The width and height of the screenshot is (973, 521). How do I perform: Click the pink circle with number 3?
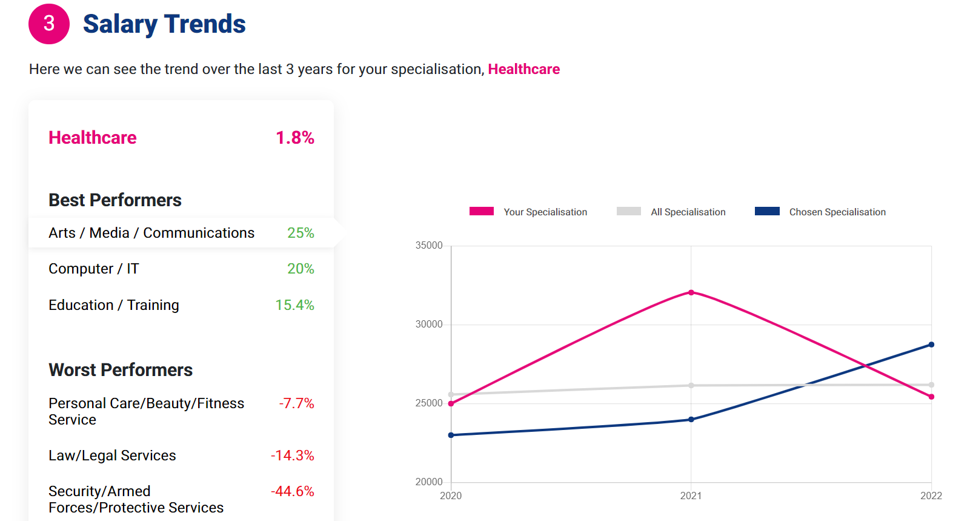coord(49,24)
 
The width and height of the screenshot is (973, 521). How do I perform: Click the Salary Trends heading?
coord(164,24)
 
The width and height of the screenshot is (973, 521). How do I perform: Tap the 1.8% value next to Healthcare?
coord(295,138)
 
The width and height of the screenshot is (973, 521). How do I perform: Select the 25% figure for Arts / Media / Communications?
coord(301,233)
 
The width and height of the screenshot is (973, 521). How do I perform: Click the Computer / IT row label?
coord(94,269)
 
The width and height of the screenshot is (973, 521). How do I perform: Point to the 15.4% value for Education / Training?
coord(294,305)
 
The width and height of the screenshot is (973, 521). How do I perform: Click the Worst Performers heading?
coord(121,370)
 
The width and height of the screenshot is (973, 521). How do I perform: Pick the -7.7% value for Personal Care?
coord(296,403)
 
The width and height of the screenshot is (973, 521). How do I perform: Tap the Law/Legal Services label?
coord(112,455)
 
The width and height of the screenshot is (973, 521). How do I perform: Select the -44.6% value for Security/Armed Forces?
coord(292,491)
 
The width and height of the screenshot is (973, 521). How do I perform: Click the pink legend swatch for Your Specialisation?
coord(482,211)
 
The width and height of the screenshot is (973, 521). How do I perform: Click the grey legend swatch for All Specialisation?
coord(628,211)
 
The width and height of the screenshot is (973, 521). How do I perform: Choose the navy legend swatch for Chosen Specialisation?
coord(767,211)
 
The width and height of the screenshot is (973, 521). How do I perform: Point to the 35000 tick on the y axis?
coord(429,246)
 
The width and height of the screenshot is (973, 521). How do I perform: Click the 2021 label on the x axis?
coord(691,496)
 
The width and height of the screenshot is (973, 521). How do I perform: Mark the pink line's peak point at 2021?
coord(691,292)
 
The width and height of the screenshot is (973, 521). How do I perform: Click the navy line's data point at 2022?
coord(931,345)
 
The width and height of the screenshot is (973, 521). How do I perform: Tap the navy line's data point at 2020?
coord(451,435)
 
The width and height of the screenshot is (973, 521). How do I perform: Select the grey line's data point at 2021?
coord(691,385)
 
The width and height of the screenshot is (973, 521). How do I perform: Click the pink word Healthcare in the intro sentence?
coord(523,69)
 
